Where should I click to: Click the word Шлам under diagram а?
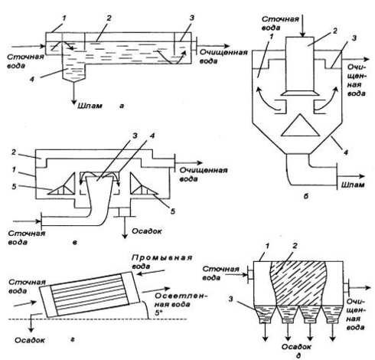(90, 106)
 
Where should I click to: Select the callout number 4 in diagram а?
(31, 80)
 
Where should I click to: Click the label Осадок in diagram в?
(147, 231)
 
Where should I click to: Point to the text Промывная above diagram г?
(161, 257)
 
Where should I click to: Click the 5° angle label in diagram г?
(158, 313)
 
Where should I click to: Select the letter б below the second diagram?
(306, 196)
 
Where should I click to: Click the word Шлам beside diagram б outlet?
(353, 185)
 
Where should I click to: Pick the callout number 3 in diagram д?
(230, 299)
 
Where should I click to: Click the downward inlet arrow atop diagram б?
(302, 26)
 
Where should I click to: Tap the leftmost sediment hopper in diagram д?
(265, 314)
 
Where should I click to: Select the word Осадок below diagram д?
(296, 347)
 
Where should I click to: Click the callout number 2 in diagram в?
(14, 152)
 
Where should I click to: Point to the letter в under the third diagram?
(74, 242)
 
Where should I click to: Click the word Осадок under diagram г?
(30, 340)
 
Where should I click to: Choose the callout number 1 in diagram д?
(267, 247)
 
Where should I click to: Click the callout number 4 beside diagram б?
(345, 152)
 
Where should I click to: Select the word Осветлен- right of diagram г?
(181, 296)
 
